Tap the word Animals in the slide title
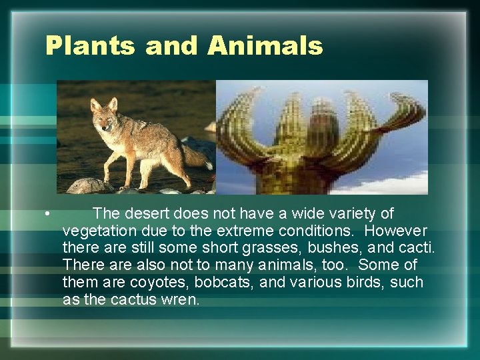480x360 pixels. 265,46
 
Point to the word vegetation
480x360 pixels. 96,231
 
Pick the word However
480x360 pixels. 396,231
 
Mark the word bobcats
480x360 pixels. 225,283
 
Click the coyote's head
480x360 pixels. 104,116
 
